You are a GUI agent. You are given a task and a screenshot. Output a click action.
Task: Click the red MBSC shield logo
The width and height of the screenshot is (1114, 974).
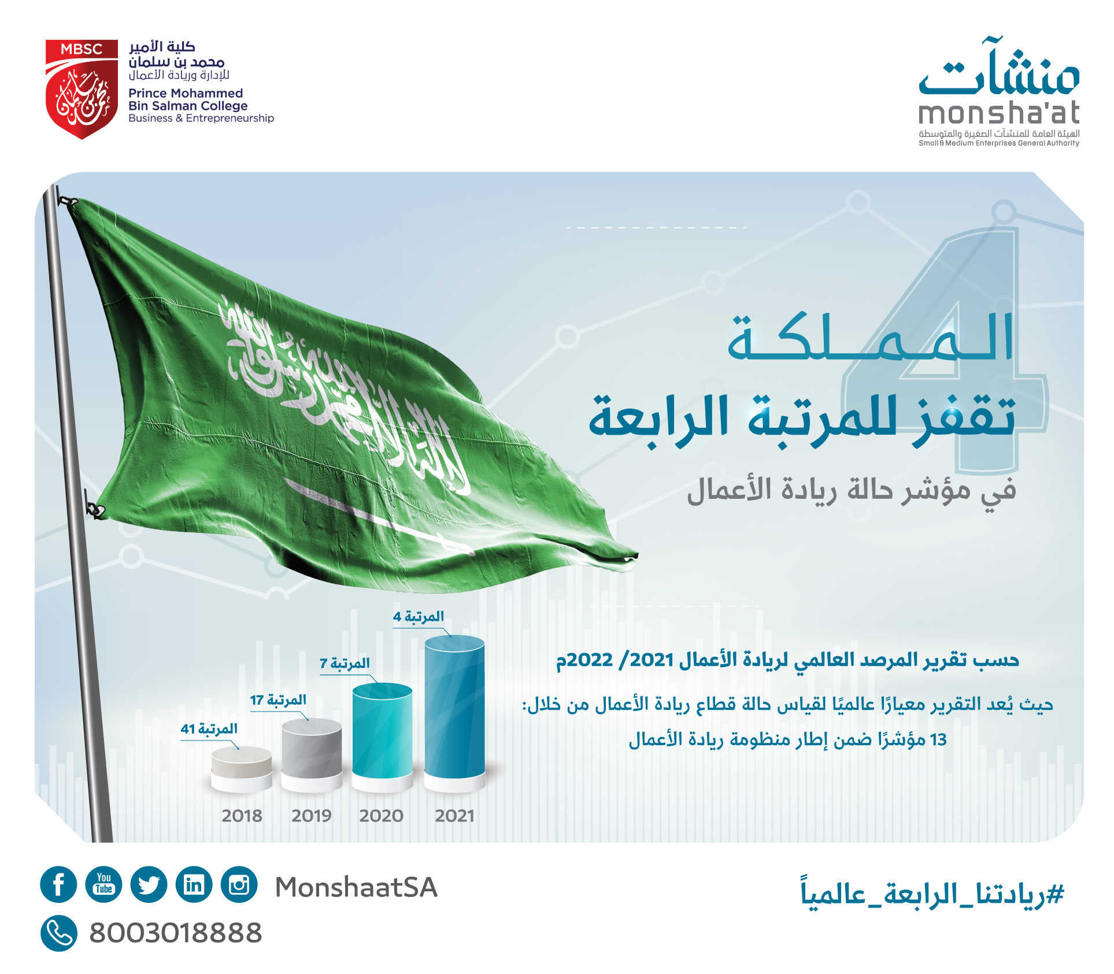pos(82,89)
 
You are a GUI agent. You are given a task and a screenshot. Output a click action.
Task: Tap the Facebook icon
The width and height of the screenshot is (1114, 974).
pos(58,884)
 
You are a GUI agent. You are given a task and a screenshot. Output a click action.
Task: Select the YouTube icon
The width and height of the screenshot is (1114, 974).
pos(103,884)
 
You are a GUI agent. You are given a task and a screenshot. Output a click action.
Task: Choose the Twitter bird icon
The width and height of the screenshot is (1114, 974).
pos(149,884)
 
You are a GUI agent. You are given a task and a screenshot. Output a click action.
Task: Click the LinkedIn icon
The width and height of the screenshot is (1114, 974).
pos(194,884)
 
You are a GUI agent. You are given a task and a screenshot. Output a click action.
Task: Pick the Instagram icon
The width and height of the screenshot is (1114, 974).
pos(239,884)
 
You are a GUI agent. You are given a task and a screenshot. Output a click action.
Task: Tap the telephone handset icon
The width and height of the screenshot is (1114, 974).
pos(59,933)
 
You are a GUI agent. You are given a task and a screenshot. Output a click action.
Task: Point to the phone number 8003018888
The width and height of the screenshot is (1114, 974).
pos(175,933)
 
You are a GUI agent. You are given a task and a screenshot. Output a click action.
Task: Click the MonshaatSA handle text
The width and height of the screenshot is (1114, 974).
pos(356,887)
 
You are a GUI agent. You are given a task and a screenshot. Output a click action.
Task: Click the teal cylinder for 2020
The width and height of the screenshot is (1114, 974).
pos(382,736)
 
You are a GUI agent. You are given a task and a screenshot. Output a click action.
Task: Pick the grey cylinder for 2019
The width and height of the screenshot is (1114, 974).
pos(312,754)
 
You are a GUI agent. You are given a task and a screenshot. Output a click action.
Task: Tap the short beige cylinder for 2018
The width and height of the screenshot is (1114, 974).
pos(242,768)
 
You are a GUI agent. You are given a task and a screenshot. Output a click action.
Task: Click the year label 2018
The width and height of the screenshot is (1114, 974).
pos(242,816)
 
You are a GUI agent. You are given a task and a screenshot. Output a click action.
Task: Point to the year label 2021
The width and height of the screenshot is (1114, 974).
pos(454,816)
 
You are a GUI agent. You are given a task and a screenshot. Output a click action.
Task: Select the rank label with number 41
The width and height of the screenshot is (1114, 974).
pos(209,729)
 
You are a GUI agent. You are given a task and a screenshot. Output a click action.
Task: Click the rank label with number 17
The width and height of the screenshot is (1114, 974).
pos(278,700)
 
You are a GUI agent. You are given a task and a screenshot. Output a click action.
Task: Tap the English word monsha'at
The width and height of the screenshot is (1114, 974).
pos(999,112)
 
